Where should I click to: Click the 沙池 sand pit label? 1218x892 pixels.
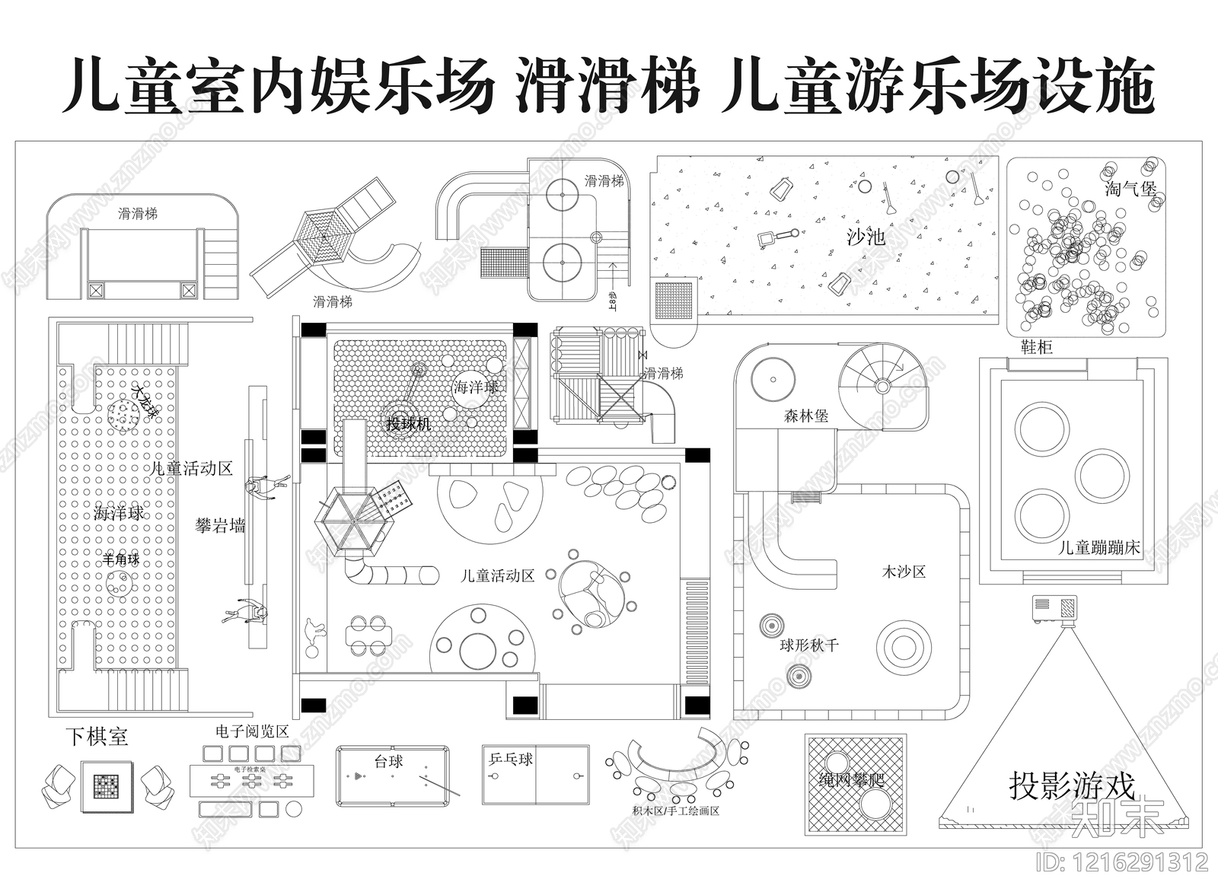(866, 237)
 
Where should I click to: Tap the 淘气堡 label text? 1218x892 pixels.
(1130, 188)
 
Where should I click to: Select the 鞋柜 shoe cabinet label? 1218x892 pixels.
(1036, 348)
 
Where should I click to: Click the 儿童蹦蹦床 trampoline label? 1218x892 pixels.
(1099, 547)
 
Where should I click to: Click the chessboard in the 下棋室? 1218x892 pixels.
(107, 785)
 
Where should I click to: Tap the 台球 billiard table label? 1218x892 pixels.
(388, 761)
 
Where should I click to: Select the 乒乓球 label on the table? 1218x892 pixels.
(511, 759)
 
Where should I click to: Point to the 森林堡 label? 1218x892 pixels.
(806, 416)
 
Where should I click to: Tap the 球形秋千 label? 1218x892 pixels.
(808, 645)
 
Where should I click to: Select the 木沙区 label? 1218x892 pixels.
(904, 572)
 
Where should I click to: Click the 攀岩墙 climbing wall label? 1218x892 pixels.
(220, 525)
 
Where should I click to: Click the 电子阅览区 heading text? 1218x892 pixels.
(252, 731)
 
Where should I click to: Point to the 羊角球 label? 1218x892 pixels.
(122, 559)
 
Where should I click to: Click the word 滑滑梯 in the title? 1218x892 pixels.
(607, 86)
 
